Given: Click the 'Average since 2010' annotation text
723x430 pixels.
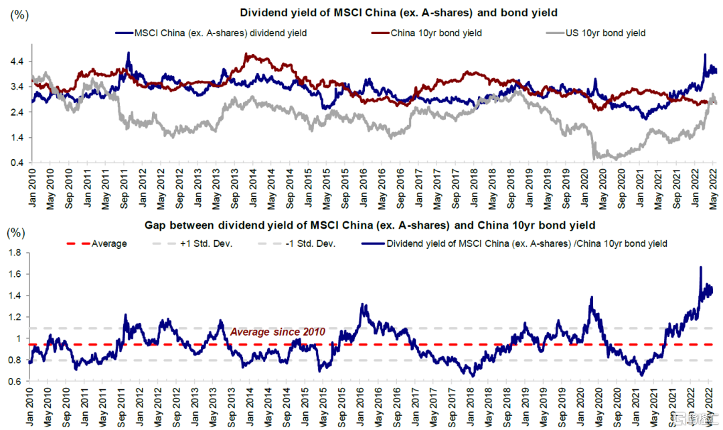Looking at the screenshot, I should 278,332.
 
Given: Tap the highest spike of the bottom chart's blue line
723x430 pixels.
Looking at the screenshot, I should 701,267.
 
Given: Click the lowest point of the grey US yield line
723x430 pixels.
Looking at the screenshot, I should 594,158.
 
